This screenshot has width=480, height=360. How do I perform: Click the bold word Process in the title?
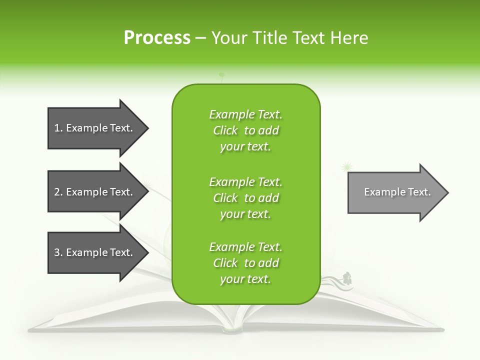coord(157,38)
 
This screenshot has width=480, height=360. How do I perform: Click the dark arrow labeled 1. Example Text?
coord(95,128)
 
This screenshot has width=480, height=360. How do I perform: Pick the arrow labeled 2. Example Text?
coord(95,192)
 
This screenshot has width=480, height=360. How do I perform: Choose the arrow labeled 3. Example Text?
coord(95,252)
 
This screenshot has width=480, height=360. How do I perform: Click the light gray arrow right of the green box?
coord(395,192)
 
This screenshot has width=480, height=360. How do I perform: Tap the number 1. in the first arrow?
coord(58,128)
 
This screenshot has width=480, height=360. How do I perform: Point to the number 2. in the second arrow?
coord(58,192)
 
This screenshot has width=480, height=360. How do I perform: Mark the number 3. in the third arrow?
coord(58,252)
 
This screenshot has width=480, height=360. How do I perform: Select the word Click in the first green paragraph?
coord(225,131)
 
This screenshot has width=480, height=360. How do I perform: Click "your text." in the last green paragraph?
coord(245,279)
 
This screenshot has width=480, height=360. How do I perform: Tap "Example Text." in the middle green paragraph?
coord(245,182)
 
